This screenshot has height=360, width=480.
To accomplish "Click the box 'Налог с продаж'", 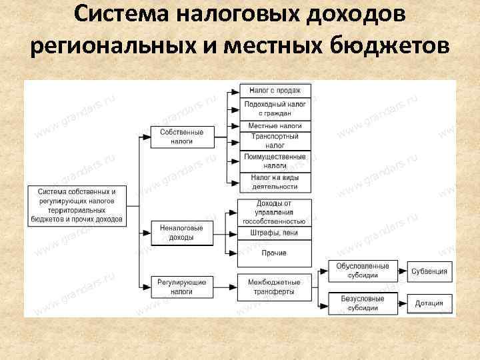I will click(275, 90).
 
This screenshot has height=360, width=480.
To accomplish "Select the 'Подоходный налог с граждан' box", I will click(275, 108).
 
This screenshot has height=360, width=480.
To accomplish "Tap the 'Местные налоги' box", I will click(275, 125).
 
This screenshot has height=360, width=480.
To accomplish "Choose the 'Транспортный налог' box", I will click(275, 141).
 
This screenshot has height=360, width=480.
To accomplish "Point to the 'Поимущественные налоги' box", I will click(275, 161).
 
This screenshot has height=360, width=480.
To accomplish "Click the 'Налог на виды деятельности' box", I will click(275, 182).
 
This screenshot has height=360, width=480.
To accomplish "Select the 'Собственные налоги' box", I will click(181, 137).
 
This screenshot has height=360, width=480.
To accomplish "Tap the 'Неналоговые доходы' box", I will click(181, 232).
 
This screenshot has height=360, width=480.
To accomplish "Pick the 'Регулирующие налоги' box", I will click(181, 287).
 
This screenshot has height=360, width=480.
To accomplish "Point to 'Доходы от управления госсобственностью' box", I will click(275, 211).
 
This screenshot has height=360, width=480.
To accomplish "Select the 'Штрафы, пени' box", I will click(275, 233).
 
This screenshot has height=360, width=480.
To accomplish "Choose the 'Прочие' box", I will click(275, 253).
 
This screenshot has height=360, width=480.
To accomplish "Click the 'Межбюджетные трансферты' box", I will click(275, 287).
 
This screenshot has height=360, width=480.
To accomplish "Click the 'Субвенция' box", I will click(429, 271).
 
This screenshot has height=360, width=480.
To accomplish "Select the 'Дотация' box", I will click(429, 303).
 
